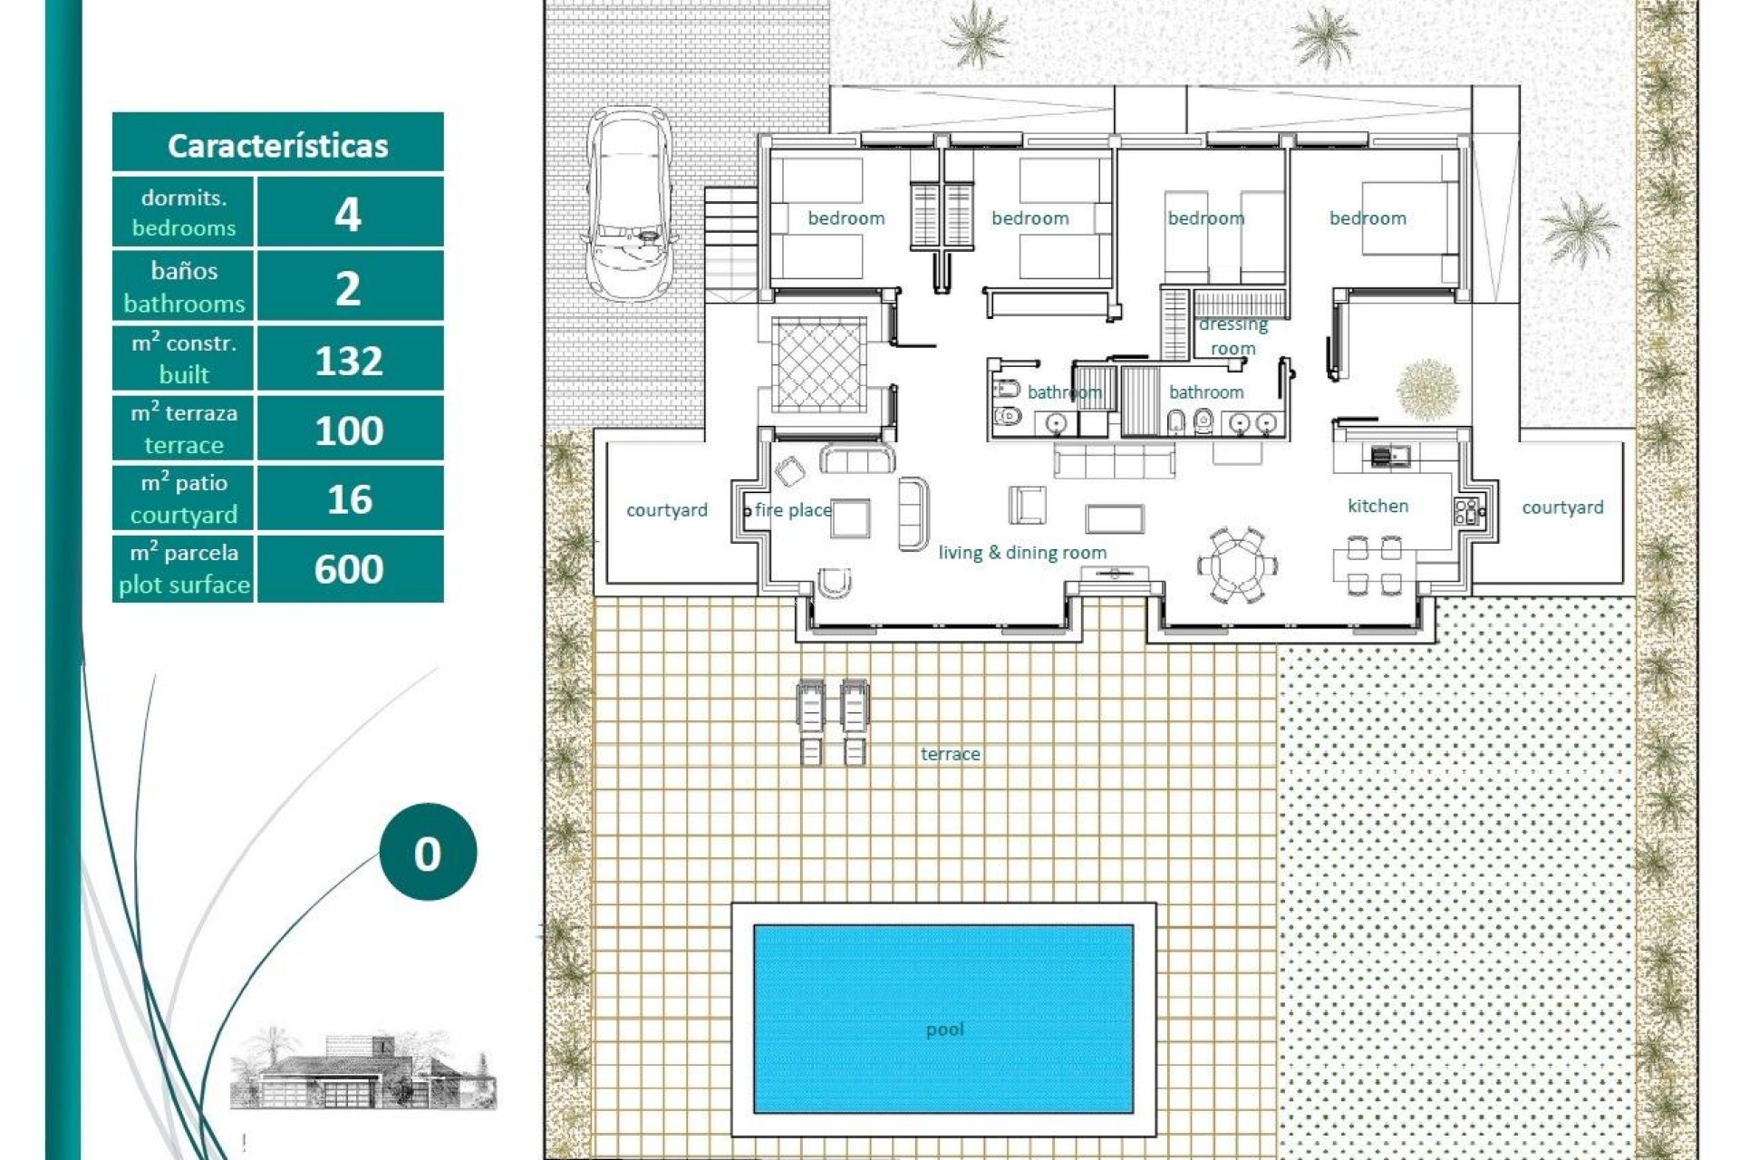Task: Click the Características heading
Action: pos(277,145)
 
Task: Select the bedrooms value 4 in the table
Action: pos(349,214)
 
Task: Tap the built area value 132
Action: pos(349,361)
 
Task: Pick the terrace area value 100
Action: pos(349,430)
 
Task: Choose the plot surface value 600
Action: pos(349,569)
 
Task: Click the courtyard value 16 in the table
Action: pos(349,499)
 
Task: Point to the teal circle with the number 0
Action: pos(428,852)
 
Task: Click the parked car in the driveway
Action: pos(630,204)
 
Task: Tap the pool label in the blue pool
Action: pos(944,1029)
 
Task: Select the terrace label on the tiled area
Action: pos(950,754)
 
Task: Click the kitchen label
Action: pos(1377,506)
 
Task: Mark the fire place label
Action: pos(792,510)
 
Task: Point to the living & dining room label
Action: pos(1022,552)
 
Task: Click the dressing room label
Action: pos(1232,336)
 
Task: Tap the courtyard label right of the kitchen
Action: pos(1562,507)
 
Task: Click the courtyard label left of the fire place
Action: pos(667,510)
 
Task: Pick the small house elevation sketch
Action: pos(362,1069)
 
